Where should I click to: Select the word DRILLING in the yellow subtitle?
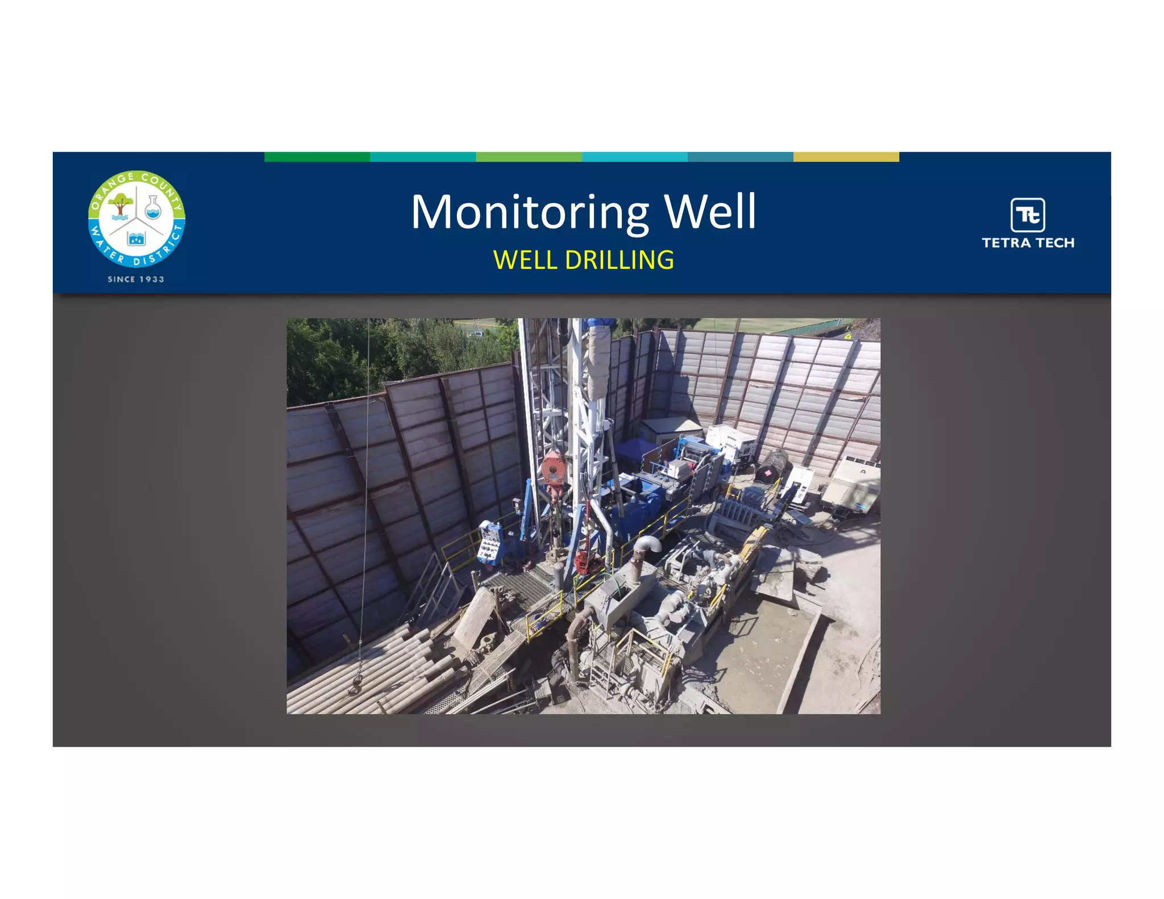(620, 260)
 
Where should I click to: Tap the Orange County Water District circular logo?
(136, 219)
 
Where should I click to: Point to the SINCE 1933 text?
(136, 279)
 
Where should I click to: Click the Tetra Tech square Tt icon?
(1028, 214)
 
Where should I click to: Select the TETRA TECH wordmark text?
(1028, 243)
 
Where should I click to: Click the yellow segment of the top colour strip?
(846, 157)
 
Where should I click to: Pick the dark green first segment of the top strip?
(317, 157)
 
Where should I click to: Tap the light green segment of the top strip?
(529, 157)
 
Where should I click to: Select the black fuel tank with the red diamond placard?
(771, 466)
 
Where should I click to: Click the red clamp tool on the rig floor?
(583, 563)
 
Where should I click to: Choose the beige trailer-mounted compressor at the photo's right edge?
(850, 486)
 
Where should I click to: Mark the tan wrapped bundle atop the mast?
(598, 358)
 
